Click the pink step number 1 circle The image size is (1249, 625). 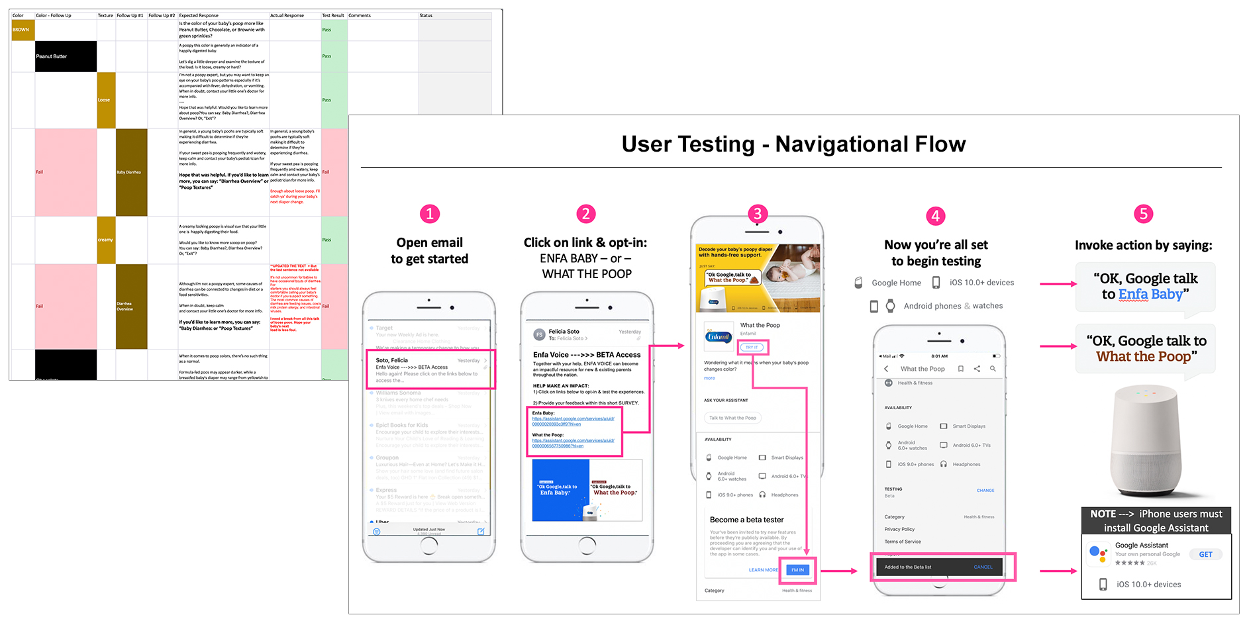(x=429, y=214)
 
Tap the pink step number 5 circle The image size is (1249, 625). (x=1143, y=214)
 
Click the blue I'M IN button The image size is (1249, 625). (x=797, y=570)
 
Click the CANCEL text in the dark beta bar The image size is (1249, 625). (x=983, y=567)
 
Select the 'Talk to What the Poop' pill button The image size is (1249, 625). (x=732, y=418)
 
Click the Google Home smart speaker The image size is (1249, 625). (x=1146, y=440)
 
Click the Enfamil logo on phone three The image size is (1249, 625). (x=719, y=336)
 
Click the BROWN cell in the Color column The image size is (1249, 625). (x=22, y=30)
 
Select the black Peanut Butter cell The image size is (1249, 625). (x=66, y=56)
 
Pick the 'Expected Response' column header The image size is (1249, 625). (x=199, y=15)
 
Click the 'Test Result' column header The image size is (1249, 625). (x=333, y=15)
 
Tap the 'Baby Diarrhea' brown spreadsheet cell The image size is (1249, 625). (x=131, y=172)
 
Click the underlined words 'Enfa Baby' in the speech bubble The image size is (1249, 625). (x=1150, y=295)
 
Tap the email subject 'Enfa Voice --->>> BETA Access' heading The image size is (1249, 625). (x=587, y=355)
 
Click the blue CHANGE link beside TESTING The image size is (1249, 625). (x=985, y=491)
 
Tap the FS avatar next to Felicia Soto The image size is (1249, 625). (x=539, y=334)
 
